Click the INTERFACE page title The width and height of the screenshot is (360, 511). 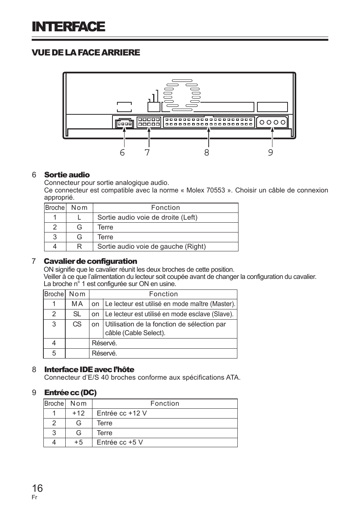point(68,27)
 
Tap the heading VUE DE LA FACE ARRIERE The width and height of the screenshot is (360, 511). point(86,52)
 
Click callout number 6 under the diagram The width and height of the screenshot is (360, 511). point(122,152)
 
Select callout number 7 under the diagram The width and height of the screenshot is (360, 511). point(147,152)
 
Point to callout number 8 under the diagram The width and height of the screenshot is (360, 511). point(207,152)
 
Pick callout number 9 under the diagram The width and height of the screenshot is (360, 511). point(271,152)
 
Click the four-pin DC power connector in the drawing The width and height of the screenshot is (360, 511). point(272,122)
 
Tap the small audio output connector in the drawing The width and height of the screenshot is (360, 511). point(125,123)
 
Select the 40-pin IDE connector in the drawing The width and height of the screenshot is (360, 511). point(209,122)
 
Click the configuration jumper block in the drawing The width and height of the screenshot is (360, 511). point(149,122)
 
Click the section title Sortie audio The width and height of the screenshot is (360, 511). point(67,175)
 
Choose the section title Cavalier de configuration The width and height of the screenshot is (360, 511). point(90,261)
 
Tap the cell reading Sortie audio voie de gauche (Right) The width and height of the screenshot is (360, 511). point(152,246)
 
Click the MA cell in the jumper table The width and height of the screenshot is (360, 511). point(77,304)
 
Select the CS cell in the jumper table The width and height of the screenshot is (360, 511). point(77,324)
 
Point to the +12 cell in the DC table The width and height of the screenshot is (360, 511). point(78,413)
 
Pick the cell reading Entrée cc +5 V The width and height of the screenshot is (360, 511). point(120,442)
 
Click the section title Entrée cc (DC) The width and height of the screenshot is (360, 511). point(71,392)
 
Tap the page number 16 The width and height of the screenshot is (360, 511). point(37,488)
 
